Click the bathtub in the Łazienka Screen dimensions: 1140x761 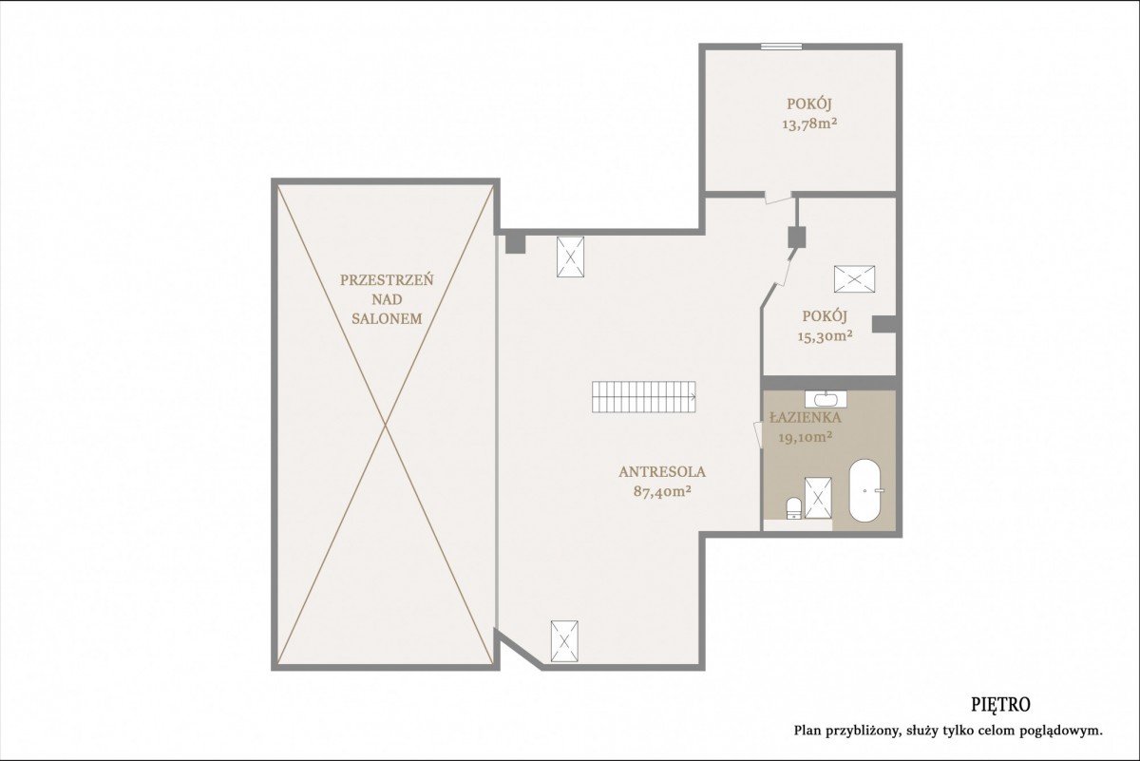pos(864,490)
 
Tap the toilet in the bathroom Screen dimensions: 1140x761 pos(794,508)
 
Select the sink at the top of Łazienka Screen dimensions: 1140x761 pos(826,399)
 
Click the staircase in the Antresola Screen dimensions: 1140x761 pos(644,397)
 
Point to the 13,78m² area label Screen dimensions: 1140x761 pos(809,124)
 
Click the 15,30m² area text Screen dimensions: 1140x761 pos(825,336)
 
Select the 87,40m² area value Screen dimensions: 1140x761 pos(662,491)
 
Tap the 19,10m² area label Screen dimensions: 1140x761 pos(806,437)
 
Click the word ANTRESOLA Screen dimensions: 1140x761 pos(662,472)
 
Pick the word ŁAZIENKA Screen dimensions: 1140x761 pos(806,417)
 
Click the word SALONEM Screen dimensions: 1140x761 pos(387,318)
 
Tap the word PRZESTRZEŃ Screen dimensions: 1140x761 pos(387,279)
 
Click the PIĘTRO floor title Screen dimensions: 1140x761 pos(989,706)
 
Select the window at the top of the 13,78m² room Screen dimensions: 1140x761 pos(781,47)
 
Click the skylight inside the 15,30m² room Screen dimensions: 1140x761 pos(854,279)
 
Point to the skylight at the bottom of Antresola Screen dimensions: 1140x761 pos(564,641)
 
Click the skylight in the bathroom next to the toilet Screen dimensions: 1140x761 pos(818,498)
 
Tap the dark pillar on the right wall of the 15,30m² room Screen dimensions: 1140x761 pos(884,325)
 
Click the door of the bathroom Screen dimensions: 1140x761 pos(758,435)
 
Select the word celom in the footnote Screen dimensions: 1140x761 pos(1017,745)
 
